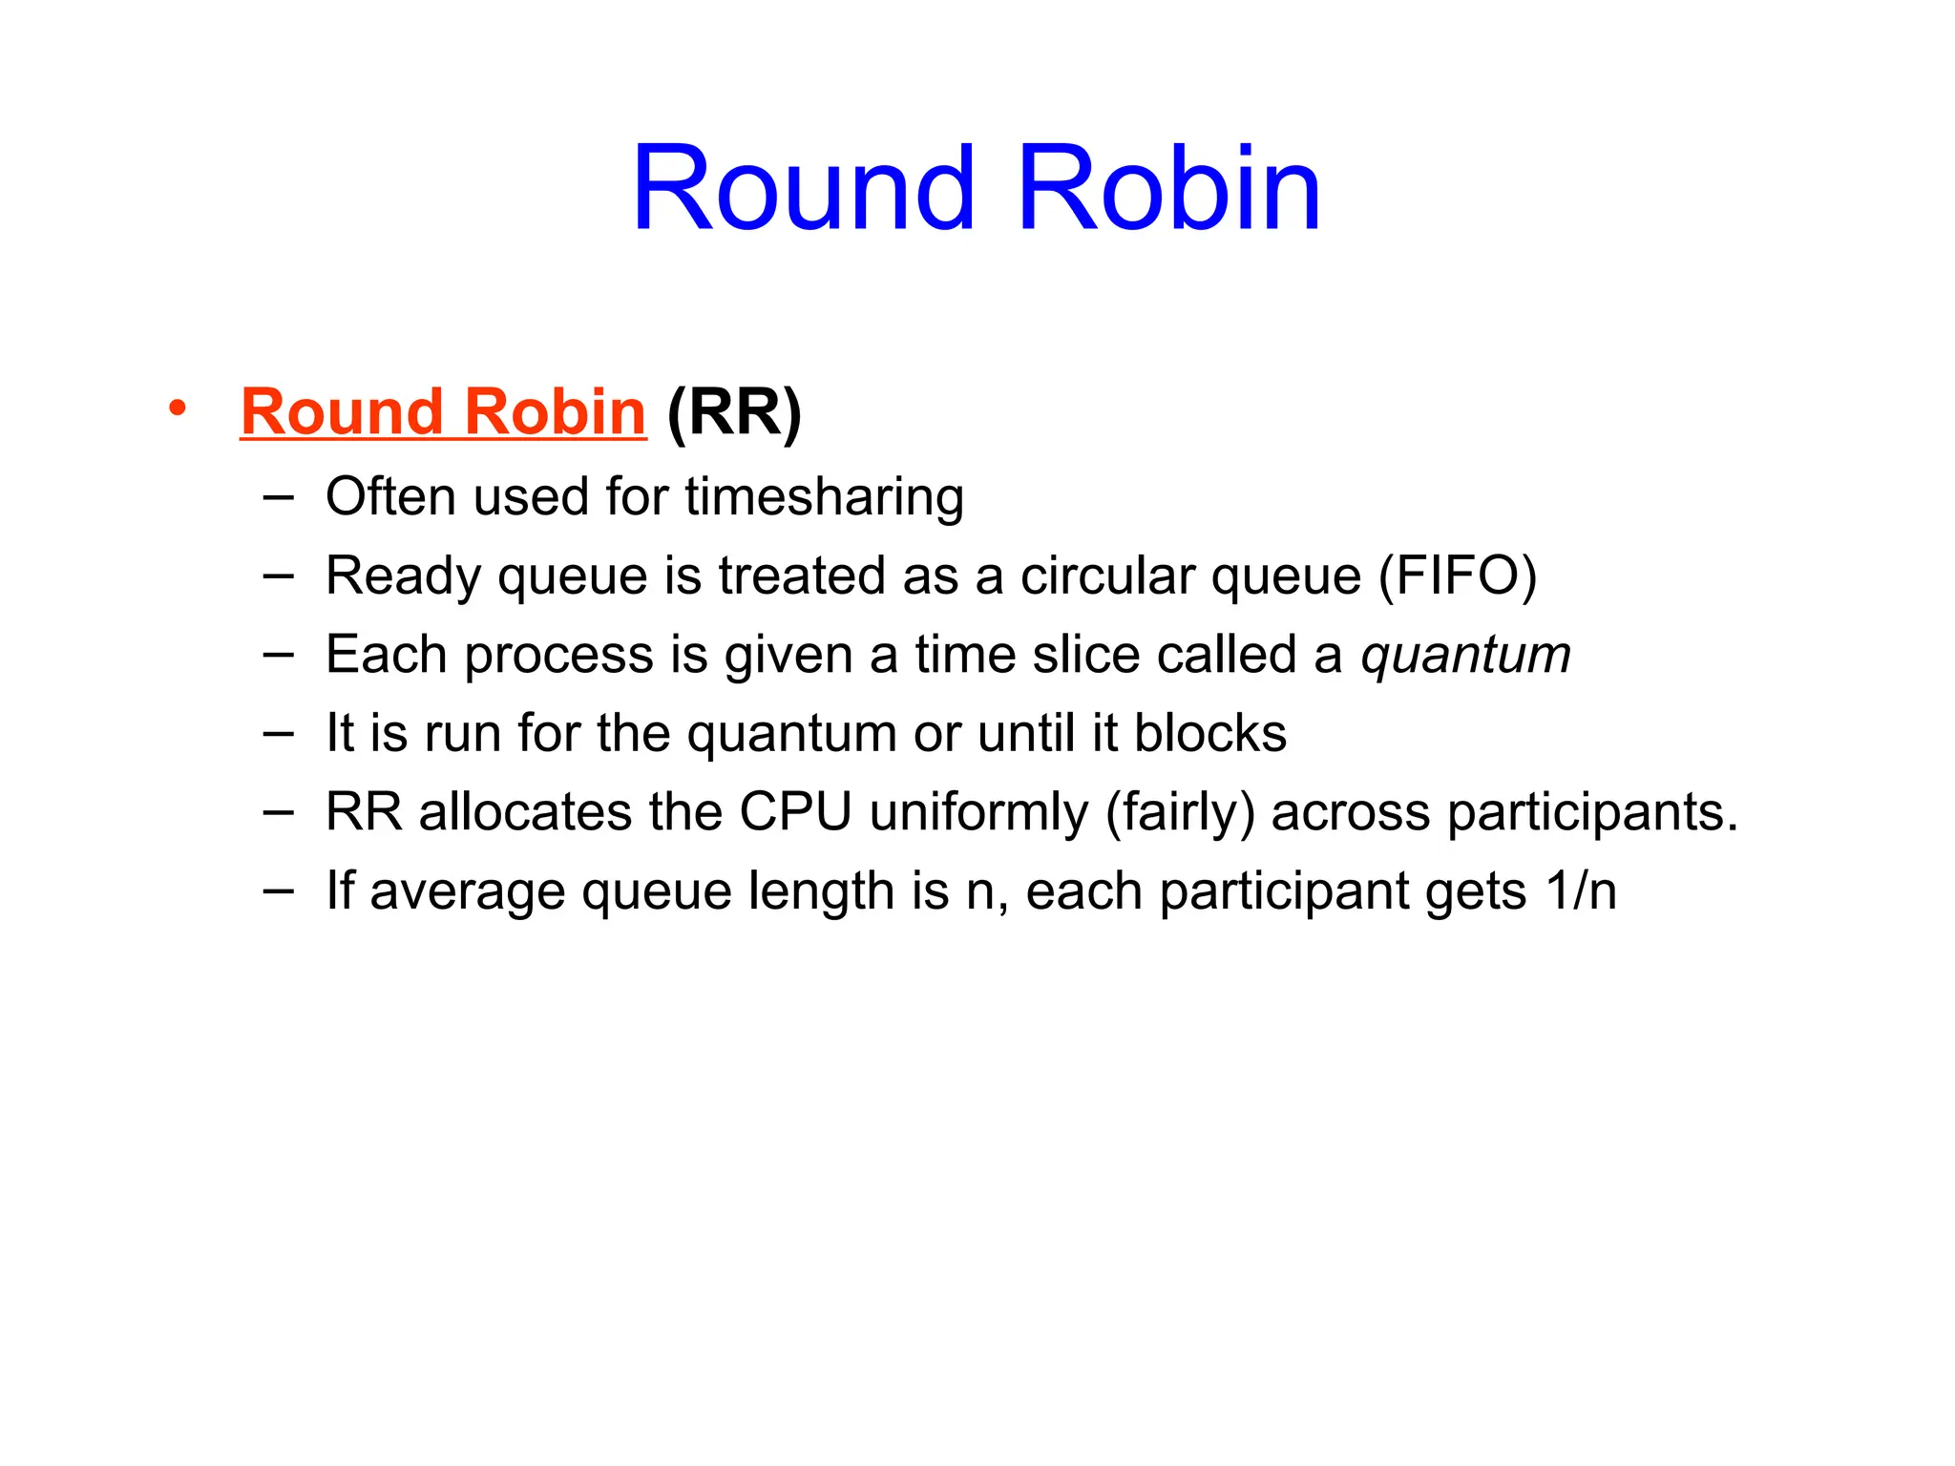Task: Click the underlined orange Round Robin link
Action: [x=443, y=412]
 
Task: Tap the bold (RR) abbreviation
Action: [x=734, y=412]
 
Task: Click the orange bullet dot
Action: [x=177, y=408]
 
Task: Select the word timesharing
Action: [x=824, y=497]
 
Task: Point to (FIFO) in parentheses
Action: [x=1457, y=576]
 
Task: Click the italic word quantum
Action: [x=1465, y=656]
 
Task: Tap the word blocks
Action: [x=1209, y=734]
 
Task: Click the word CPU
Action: [x=795, y=813]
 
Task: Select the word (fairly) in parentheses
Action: [x=1180, y=813]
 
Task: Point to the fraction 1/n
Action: [x=1581, y=891]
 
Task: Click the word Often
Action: [x=389, y=497]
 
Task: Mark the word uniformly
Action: [x=978, y=813]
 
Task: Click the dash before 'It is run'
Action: [x=278, y=733]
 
